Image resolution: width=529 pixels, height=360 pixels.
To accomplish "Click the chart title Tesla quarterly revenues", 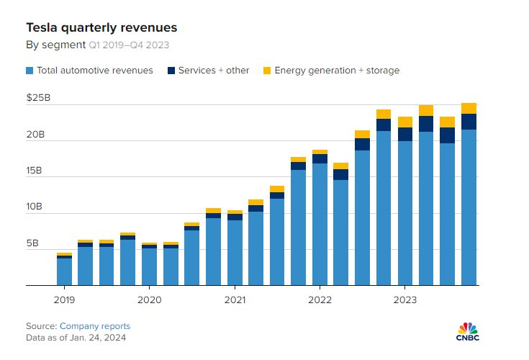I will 101,27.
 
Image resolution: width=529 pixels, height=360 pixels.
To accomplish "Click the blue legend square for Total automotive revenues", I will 30,71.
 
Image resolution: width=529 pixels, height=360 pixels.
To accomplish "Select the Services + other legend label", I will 214,71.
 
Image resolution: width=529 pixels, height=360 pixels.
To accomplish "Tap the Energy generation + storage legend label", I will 337,71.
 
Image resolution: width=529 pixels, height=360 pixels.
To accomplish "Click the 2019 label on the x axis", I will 64,298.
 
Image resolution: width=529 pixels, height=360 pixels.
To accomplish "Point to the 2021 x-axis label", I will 235,298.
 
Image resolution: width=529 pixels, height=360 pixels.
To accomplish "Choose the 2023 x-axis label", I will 404,298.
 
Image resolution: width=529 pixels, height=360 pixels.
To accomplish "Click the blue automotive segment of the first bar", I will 64,271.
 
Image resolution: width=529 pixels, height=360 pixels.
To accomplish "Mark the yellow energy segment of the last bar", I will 469,109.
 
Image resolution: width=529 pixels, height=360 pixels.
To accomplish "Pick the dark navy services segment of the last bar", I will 469,122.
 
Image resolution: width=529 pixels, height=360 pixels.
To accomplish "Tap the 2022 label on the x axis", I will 320,298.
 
